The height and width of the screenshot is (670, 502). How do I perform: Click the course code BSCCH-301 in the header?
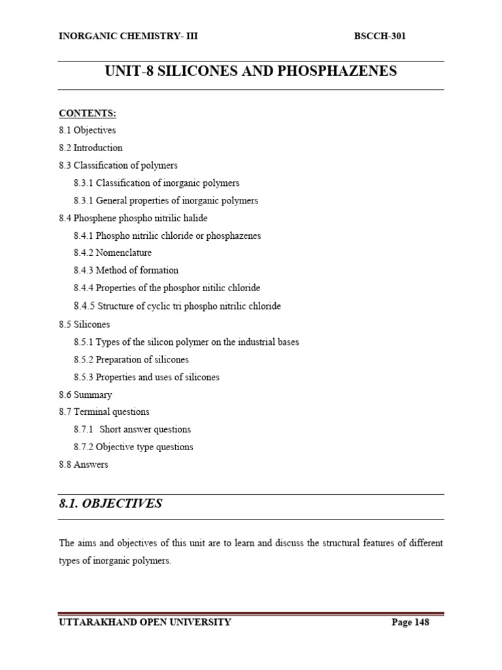379,36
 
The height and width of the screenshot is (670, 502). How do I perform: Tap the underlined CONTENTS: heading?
87,113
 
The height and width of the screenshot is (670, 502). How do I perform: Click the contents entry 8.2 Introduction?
90,148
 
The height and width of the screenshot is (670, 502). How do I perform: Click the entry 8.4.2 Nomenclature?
112,253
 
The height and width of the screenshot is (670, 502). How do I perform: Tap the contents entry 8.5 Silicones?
84,325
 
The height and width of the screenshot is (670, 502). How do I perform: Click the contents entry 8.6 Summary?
85,395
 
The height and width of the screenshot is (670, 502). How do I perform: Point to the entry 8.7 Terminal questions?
104,412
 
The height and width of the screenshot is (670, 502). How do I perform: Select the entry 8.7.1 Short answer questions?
132,429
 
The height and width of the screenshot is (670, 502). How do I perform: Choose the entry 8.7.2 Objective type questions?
133,447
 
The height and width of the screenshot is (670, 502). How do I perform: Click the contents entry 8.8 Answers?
83,465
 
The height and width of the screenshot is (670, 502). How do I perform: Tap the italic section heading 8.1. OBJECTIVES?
110,504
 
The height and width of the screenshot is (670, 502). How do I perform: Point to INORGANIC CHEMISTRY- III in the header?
128,36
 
